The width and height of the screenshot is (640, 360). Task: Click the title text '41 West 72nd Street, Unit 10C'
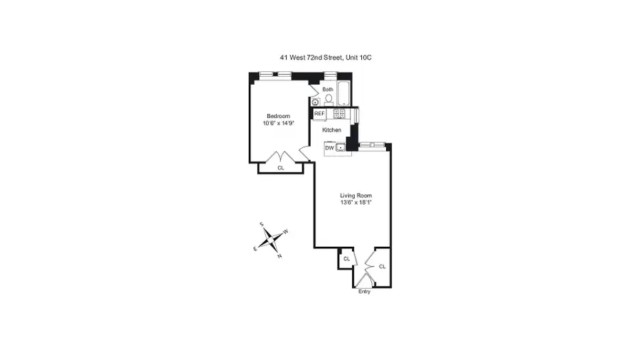[325, 57]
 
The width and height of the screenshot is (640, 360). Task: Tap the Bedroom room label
[278, 116]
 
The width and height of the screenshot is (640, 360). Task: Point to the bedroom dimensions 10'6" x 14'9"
[278, 124]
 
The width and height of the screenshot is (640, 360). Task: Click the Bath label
[327, 90]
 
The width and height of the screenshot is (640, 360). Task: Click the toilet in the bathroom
[329, 100]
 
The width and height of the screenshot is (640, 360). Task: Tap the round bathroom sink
[315, 102]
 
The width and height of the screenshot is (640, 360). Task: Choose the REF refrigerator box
[319, 113]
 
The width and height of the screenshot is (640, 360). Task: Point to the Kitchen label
[331, 130]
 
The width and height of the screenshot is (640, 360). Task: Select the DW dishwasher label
[329, 148]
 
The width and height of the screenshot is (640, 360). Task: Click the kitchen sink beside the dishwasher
[341, 148]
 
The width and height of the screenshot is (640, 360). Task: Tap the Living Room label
[356, 195]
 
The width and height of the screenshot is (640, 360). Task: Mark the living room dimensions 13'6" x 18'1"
[356, 203]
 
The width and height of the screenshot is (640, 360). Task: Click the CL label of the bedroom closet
[280, 168]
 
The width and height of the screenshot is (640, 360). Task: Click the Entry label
[364, 291]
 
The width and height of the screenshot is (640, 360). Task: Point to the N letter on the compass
[279, 256]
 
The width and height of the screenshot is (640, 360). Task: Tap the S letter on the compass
[262, 224]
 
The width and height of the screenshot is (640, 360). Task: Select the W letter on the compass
[286, 231]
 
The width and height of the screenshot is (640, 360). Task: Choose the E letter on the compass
[255, 249]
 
